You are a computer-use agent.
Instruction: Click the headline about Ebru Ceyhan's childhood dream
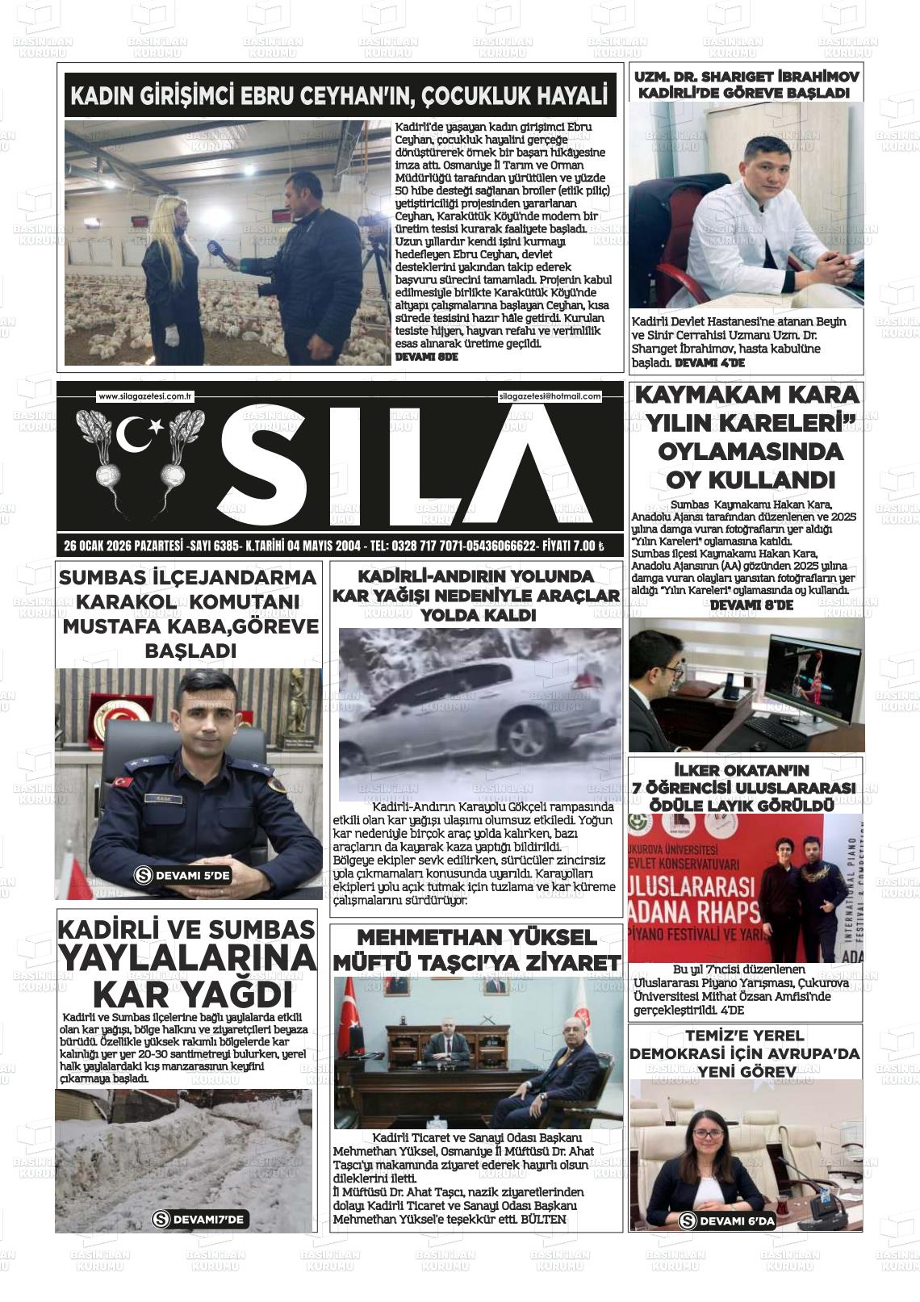[x=340, y=97]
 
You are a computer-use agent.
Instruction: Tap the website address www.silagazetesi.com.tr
[x=145, y=396]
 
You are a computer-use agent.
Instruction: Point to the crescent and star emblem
[x=138, y=435]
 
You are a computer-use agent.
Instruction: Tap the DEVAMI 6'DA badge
[x=728, y=1220]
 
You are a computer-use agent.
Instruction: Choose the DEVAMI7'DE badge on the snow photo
[x=199, y=1219]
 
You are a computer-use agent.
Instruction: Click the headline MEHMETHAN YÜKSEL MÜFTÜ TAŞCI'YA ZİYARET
[x=476, y=949]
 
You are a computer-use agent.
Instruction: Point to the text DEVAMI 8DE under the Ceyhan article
[x=427, y=356]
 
